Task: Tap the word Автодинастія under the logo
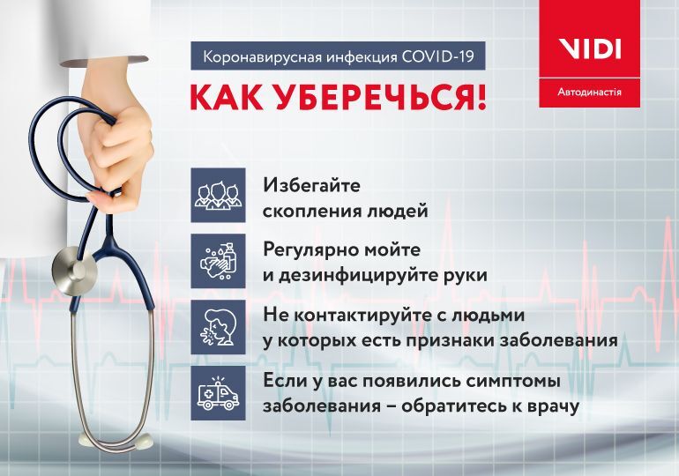(589, 91)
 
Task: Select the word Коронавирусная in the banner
(250, 57)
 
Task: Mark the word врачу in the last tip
(548, 406)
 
